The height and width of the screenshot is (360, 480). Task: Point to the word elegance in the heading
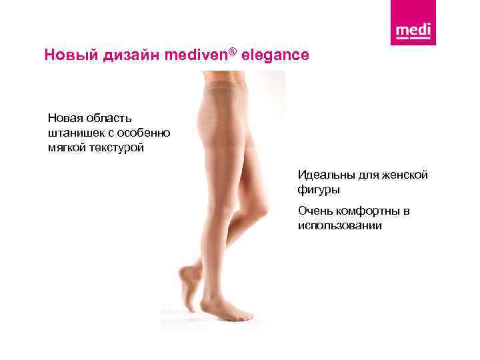click(275, 55)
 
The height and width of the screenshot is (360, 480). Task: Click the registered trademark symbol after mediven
click(233, 51)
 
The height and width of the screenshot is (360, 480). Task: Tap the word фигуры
click(319, 190)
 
